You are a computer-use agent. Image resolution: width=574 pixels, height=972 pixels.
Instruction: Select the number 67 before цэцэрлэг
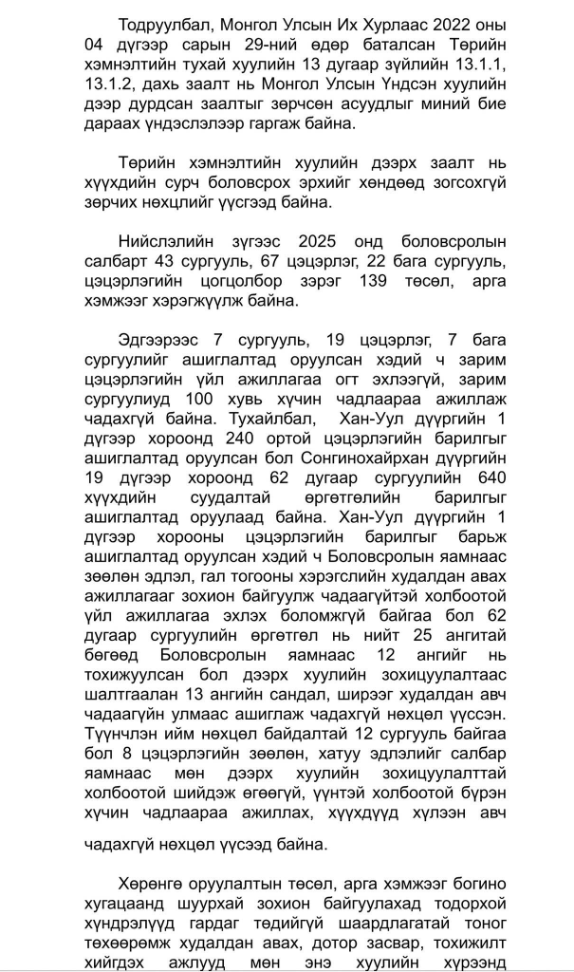tap(274, 262)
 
